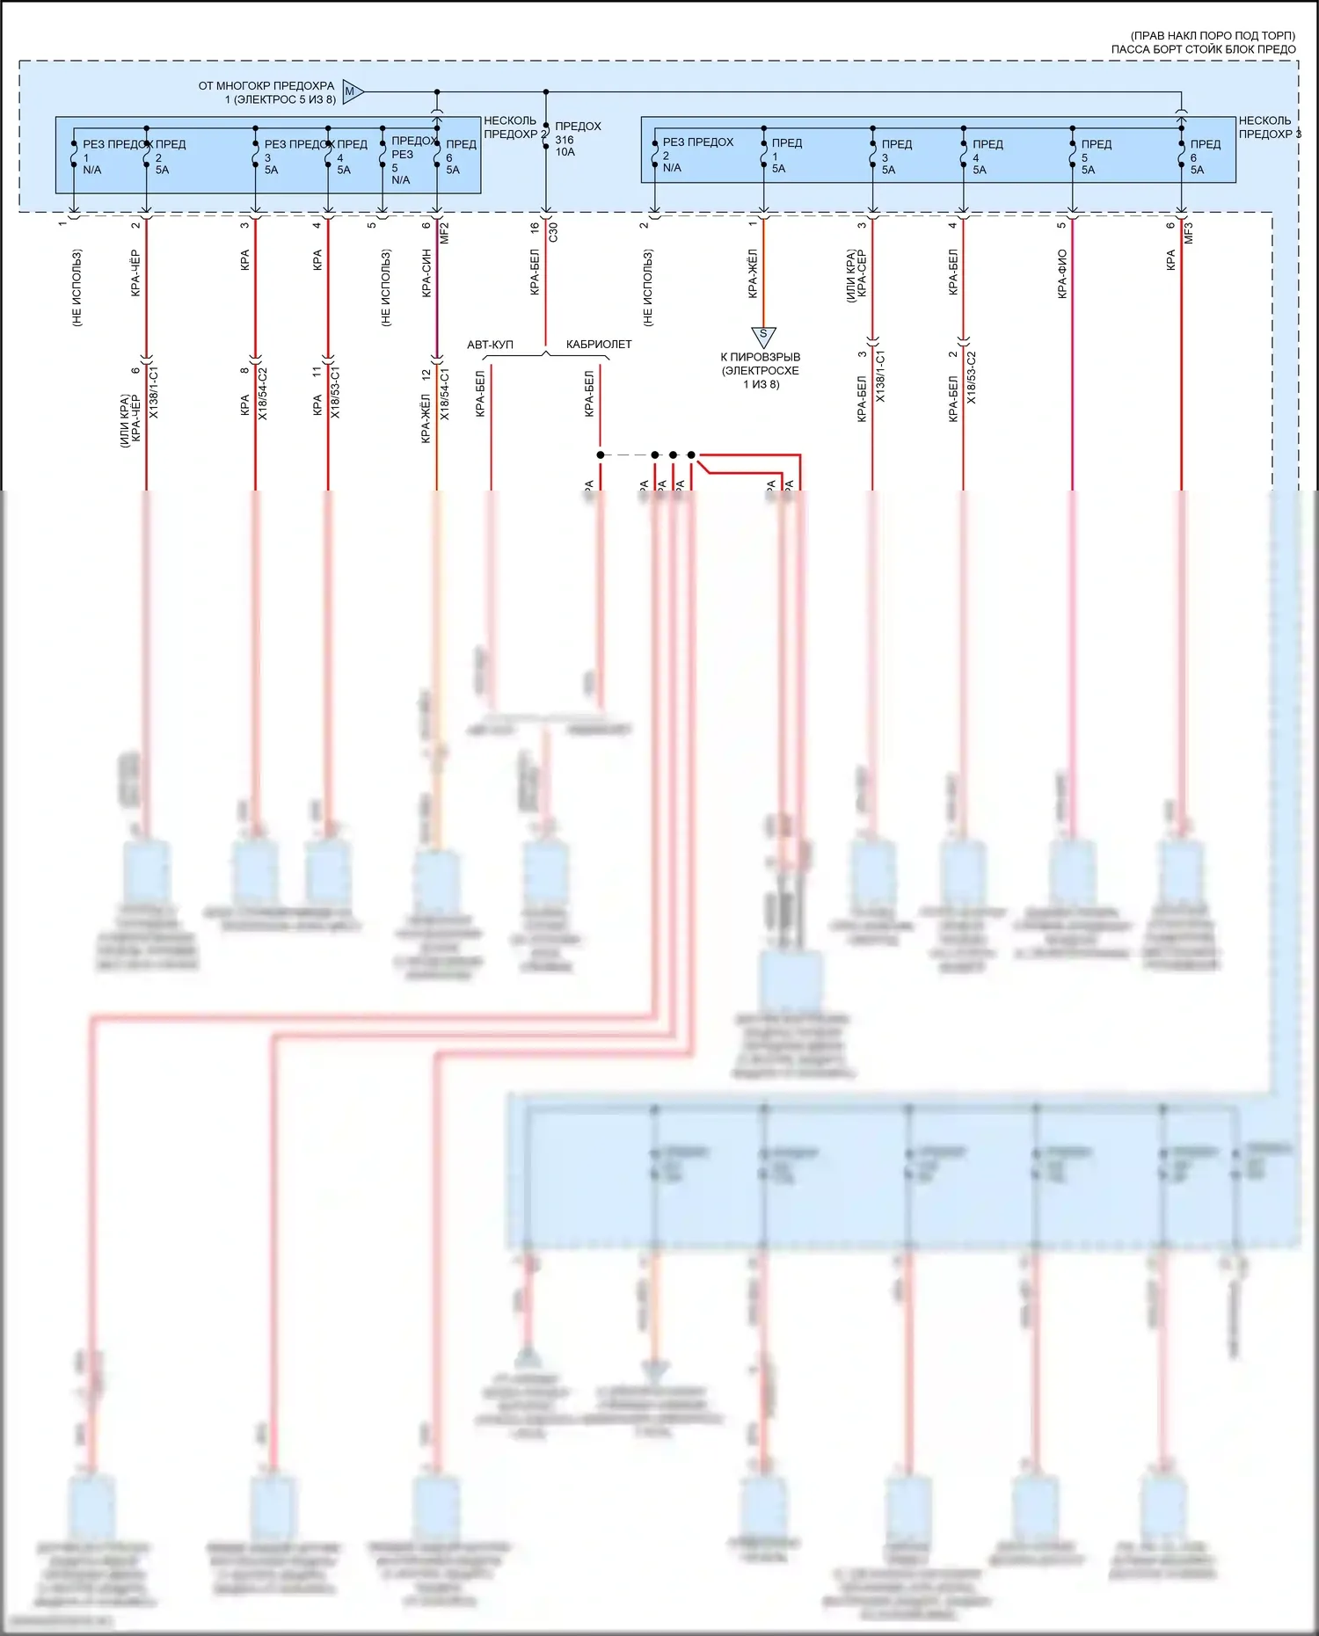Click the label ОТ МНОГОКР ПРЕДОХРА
point(266,86)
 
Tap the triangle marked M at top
point(351,91)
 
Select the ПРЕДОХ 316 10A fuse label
point(577,139)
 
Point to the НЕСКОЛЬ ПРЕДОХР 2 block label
point(514,127)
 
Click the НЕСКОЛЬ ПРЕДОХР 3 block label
point(1267,127)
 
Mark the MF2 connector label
point(445,233)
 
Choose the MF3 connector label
point(1189,233)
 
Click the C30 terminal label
point(553,232)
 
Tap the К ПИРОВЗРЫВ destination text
point(761,357)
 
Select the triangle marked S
point(763,335)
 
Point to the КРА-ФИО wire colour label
point(1062,273)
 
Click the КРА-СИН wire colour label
point(426,273)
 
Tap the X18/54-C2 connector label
point(263,393)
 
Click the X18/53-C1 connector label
point(335,393)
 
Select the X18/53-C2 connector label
point(972,378)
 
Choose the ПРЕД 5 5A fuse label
point(1094,156)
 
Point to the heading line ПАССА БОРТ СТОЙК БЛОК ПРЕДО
point(1203,49)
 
